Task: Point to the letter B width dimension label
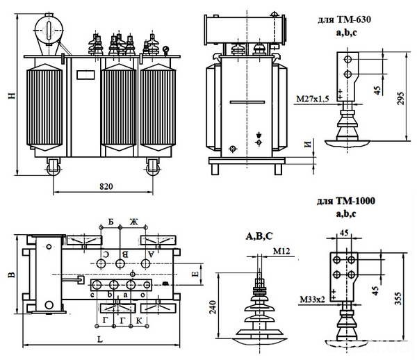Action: coord(10,275)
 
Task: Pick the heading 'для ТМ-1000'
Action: coord(345,202)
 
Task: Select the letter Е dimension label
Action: coord(197,275)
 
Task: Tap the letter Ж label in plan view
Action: coord(134,222)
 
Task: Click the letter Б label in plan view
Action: coord(111,222)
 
